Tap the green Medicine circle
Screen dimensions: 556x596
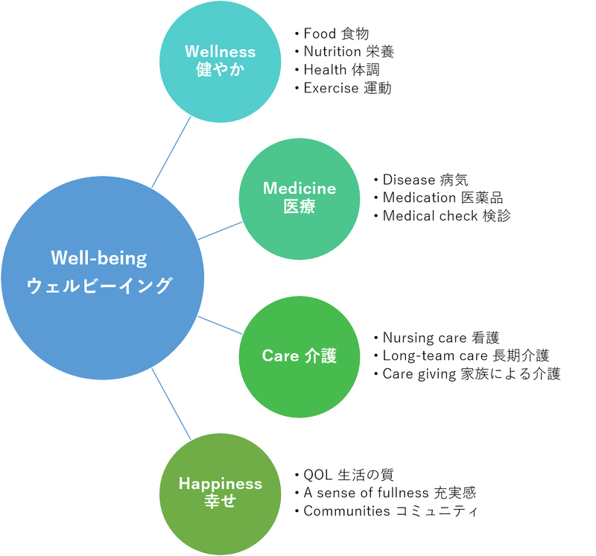point(299,198)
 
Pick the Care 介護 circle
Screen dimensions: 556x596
point(299,356)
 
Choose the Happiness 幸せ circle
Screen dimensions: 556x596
point(220,492)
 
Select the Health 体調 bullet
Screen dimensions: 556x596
point(339,70)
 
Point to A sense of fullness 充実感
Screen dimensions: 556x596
point(387,493)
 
